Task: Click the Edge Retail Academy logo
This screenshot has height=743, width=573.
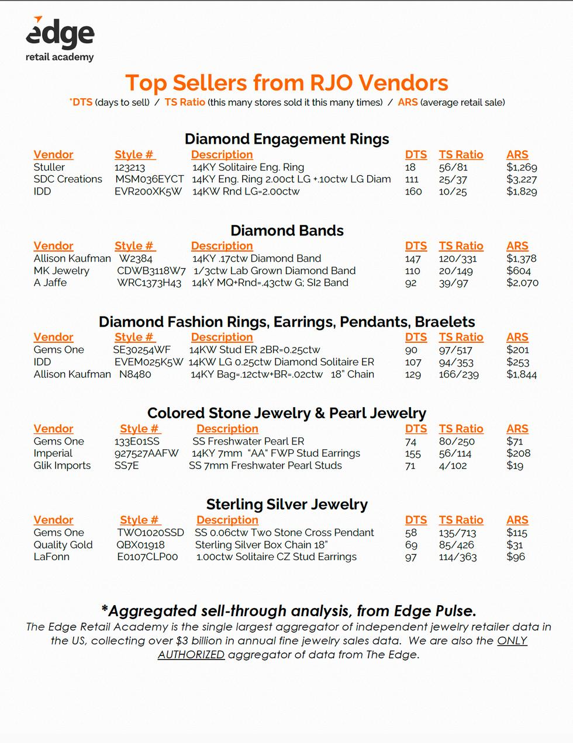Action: [x=60, y=39]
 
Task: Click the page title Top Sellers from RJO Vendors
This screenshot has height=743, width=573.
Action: [x=286, y=83]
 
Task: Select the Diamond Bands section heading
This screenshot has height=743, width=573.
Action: [x=286, y=231]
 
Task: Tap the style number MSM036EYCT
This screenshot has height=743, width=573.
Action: [x=149, y=179]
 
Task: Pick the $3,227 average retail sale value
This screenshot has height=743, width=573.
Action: [x=522, y=179]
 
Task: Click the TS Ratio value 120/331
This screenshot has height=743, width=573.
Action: [x=458, y=259]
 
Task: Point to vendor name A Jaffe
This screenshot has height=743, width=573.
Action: [x=50, y=283]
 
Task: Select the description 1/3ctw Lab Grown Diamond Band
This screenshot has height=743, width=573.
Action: [x=274, y=271]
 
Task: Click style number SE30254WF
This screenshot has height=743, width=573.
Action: [x=141, y=350]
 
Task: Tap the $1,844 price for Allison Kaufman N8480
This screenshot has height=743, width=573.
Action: [x=522, y=374]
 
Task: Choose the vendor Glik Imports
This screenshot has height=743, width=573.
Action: [x=62, y=466]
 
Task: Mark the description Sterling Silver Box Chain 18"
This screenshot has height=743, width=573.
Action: [x=261, y=545]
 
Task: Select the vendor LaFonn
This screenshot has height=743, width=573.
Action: [x=51, y=557]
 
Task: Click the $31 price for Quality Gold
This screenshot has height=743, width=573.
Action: [x=515, y=545]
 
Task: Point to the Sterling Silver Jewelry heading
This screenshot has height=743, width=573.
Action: [x=286, y=505]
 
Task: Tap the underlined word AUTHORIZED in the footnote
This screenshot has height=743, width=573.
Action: [x=191, y=655]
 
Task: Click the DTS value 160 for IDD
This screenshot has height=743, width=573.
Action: [x=413, y=192]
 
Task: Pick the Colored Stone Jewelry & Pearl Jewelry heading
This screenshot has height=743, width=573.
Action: [x=286, y=414]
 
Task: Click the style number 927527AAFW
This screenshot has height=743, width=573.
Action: [x=146, y=454]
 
